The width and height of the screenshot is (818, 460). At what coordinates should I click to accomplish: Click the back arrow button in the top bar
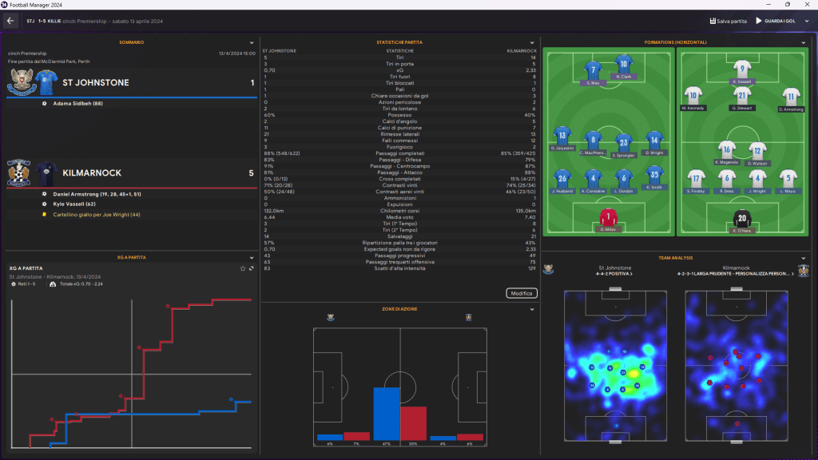tap(10, 21)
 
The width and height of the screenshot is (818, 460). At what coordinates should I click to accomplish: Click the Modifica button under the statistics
tap(522, 293)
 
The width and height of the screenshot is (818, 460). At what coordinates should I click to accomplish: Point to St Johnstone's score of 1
tap(252, 82)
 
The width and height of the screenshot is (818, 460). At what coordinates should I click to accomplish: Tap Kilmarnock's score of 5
tap(252, 172)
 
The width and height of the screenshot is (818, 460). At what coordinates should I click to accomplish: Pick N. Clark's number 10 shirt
tap(624, 65)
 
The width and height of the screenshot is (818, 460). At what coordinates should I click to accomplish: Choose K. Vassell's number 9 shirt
tap(742, 69)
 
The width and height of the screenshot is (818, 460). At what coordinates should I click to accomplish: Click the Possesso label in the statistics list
tap(399, 115)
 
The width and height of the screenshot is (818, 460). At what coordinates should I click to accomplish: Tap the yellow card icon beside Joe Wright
tap(45, 214)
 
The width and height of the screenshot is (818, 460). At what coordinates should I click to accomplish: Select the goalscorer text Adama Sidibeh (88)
tap(78, 104)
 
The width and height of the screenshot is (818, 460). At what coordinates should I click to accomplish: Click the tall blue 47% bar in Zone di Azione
tap(387, 414)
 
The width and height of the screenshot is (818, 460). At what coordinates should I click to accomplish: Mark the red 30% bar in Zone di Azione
tap(413, 423)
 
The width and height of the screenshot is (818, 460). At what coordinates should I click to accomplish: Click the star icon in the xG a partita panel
tap(243, 268)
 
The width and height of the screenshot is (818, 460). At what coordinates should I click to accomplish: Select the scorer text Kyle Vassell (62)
tap(74, 204)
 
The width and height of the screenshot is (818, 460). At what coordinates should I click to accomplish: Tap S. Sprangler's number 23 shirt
tap(624, 143)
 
